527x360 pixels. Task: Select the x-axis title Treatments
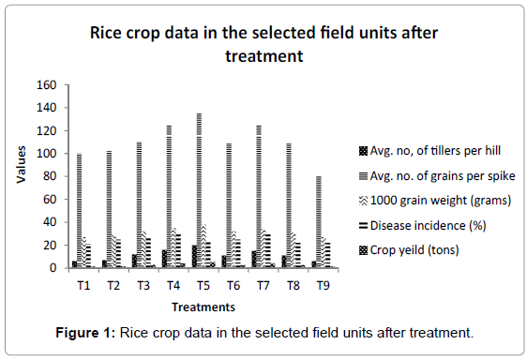coord(203,307)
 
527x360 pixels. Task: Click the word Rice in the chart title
coord(110,35)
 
